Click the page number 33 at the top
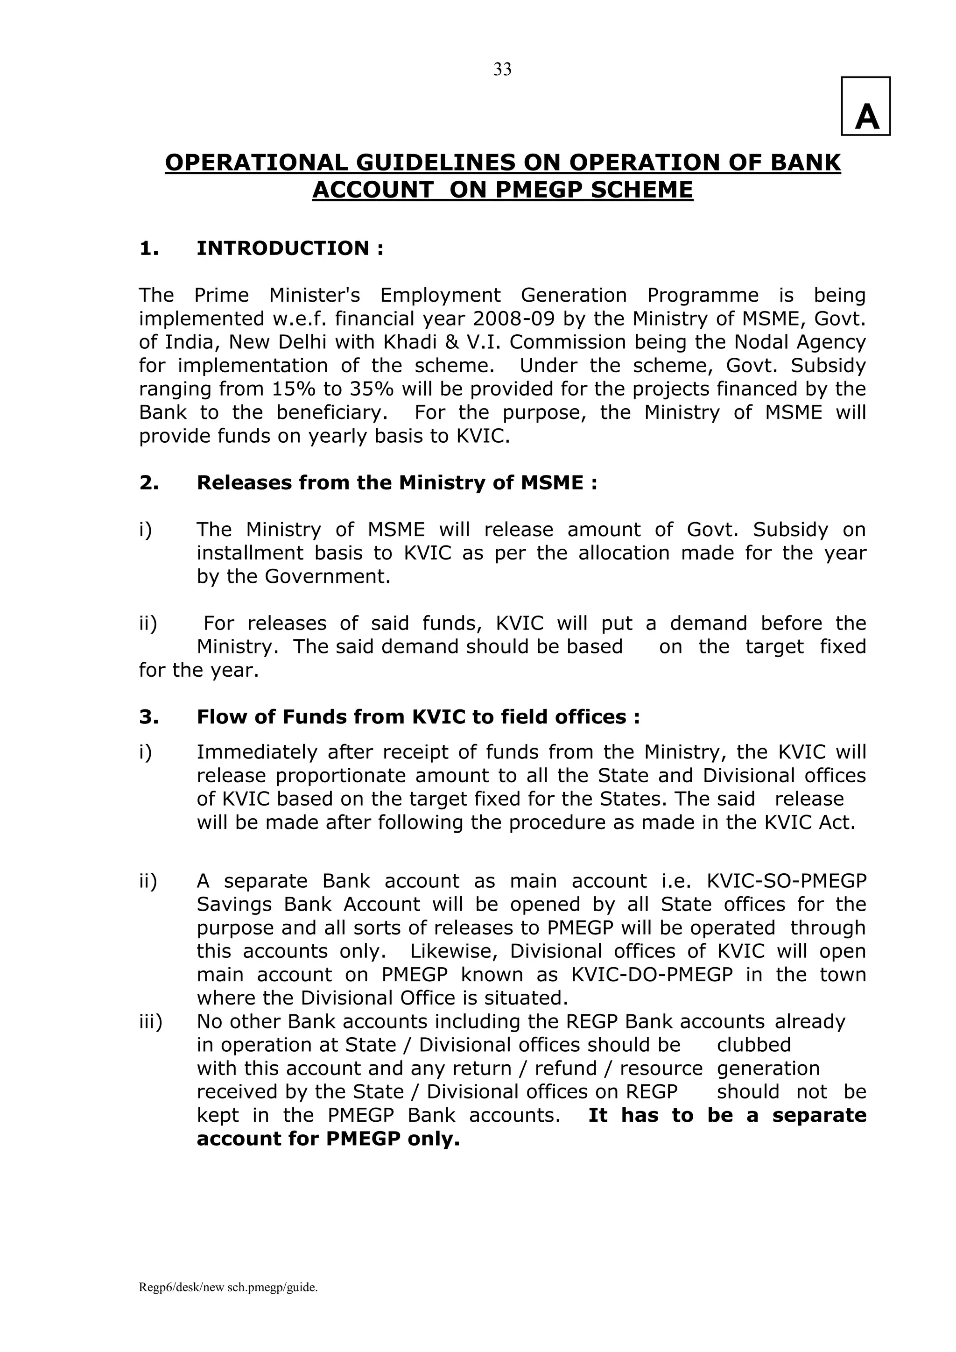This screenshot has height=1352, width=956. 502,70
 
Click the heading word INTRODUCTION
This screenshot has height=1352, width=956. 282,248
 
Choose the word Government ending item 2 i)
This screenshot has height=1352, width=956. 327,576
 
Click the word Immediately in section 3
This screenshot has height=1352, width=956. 255,752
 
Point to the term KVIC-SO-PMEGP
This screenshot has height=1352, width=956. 786,881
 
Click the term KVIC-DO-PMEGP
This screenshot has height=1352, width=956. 652,975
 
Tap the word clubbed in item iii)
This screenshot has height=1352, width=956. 753,1045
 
